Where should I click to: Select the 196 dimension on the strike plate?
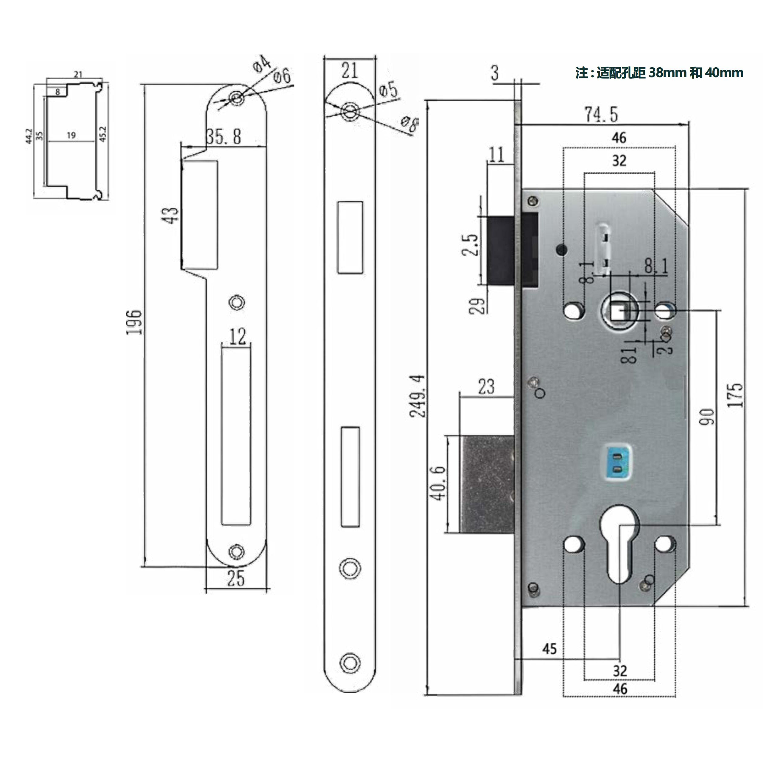(133, 322)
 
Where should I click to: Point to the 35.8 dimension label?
(224, 137)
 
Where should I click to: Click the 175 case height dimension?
(735, 395)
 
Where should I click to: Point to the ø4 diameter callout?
(262, 64)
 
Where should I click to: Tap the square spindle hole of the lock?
(618, 311)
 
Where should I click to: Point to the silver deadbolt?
(488, 484)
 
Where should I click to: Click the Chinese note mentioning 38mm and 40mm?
(659, 73)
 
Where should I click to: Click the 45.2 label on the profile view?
(103, 134)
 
